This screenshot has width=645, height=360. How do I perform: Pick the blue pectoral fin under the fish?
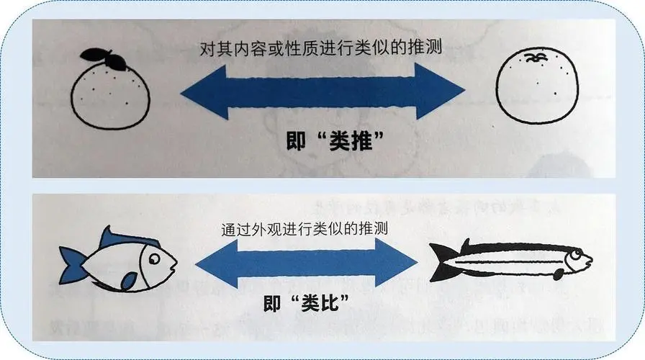(x=129, y=282)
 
